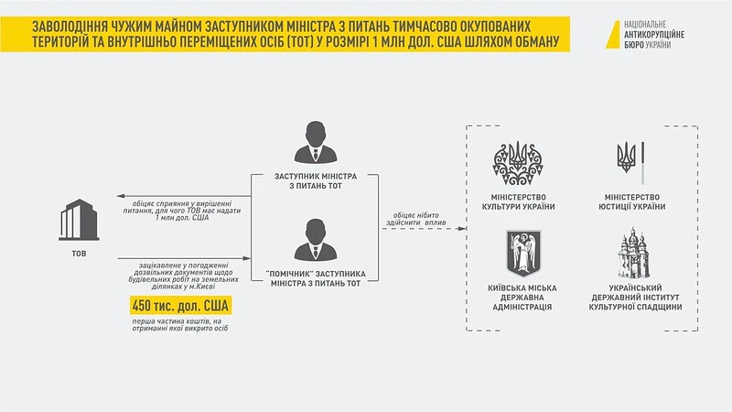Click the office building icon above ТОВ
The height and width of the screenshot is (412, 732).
tap(79, 220)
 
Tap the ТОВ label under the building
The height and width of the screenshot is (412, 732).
tap(79, 254)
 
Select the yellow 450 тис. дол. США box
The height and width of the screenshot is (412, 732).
tap(180, 306)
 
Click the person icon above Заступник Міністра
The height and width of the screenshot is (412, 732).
tap(316, 143)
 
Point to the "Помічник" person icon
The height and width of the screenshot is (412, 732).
tap(316, 240)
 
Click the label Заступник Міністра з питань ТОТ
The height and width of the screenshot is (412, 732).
tap(316, 181)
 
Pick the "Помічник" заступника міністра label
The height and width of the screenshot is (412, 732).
tap(316, 279)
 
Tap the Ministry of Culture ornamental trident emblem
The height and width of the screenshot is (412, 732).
tap(518, 164)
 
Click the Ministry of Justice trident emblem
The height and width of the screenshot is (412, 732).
tap(630, 161)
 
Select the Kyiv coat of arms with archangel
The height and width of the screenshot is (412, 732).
tap(523, 253)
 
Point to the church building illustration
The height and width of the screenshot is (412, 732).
tap(633, 254)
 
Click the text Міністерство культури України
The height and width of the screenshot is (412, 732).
tap(518, 202)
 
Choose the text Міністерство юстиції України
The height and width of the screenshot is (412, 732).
tap(632, 202)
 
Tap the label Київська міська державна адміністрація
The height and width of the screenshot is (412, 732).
tap(522, 298)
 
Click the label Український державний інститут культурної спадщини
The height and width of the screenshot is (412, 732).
tap(635, 298)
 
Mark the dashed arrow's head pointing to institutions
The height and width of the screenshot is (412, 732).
tap(462, 228)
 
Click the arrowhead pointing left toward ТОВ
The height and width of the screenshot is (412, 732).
tap(121, 196)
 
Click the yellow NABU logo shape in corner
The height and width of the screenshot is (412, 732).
tap(612, 35)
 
